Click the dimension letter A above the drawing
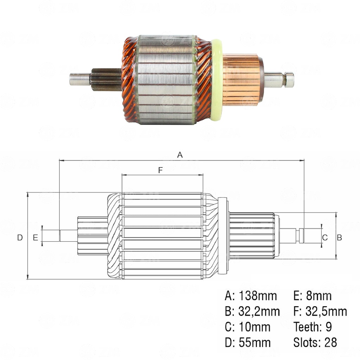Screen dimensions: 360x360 tap(180, 155)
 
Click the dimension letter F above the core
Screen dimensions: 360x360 tap(160, 170)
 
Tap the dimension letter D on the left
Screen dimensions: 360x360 tap(20, 238)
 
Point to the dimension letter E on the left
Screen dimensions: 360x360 tap(35, 238)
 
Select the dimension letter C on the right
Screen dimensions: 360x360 tap(325, 238)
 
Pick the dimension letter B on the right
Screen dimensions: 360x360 tap(339, 238)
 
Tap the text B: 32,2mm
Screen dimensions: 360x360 tap(252, 311)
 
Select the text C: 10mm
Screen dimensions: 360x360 tap(247, 327)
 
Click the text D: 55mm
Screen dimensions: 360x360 tap(247, 342)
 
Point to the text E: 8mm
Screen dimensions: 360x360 tap(312, 296)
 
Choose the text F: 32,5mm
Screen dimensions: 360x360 tap(320, 311)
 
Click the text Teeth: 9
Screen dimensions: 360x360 tap(313, 327)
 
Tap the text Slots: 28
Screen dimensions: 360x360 tap(315, 342)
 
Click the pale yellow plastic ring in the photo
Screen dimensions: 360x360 tap(217, 80)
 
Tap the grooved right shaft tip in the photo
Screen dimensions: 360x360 tap(289, 80)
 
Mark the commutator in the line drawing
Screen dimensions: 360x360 tap(252, 236)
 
